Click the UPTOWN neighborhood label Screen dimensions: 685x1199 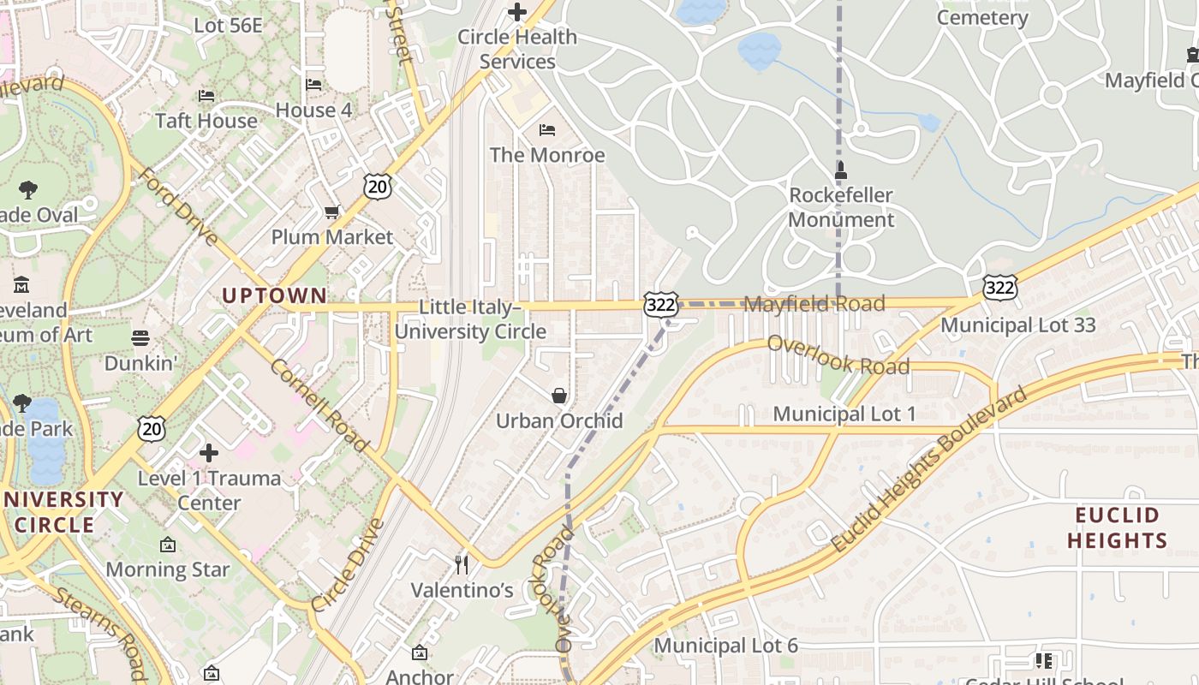click(x=275, y=296)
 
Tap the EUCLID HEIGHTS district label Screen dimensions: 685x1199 click(x=1117, y=527)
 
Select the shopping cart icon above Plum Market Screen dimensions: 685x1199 click(x=331, y=211)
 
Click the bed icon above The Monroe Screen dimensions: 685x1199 click(x=547, y=130)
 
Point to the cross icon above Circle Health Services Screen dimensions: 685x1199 click(x=517, y=12)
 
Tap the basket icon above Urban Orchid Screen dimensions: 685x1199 click(x=559, y=396)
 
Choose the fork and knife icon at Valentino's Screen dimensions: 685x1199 click(x=462, y=564)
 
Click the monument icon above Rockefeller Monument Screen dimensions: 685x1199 click(x=840, y=170)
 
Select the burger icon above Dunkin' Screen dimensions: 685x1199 click(x=140, y=338)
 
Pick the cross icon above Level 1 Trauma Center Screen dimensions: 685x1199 click(x=209, y=452)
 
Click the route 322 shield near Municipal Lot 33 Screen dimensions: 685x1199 click(x=999, y=287)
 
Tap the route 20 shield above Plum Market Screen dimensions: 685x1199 click(x=376, y=186)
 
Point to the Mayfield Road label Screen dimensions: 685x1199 click(x=814, y=304)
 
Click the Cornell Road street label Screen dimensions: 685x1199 click(x=319, y=405)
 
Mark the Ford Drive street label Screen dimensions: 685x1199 click(x=179, y=206)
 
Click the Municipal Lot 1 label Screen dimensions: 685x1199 click(x=844, y=414)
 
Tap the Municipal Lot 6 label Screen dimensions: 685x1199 click(x=725, y=646)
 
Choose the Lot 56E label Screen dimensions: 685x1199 click(x=228, y=26)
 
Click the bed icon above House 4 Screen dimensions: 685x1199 click(x=313, y=85)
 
